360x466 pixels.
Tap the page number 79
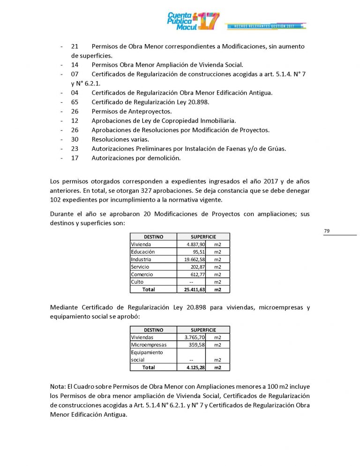(327, 231)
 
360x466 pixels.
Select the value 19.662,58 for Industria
(195, 259)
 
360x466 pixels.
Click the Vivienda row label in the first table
(141, 244)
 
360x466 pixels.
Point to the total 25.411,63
(193, 289)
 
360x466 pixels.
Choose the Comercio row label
(142, 274)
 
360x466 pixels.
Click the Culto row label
(137, 282)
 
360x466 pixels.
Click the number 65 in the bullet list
(75, 102)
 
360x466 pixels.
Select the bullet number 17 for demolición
(75, 158)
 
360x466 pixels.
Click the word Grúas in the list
(276, 149)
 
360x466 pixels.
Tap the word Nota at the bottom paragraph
(58, 388)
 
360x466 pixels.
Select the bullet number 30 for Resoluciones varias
(75, 139)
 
